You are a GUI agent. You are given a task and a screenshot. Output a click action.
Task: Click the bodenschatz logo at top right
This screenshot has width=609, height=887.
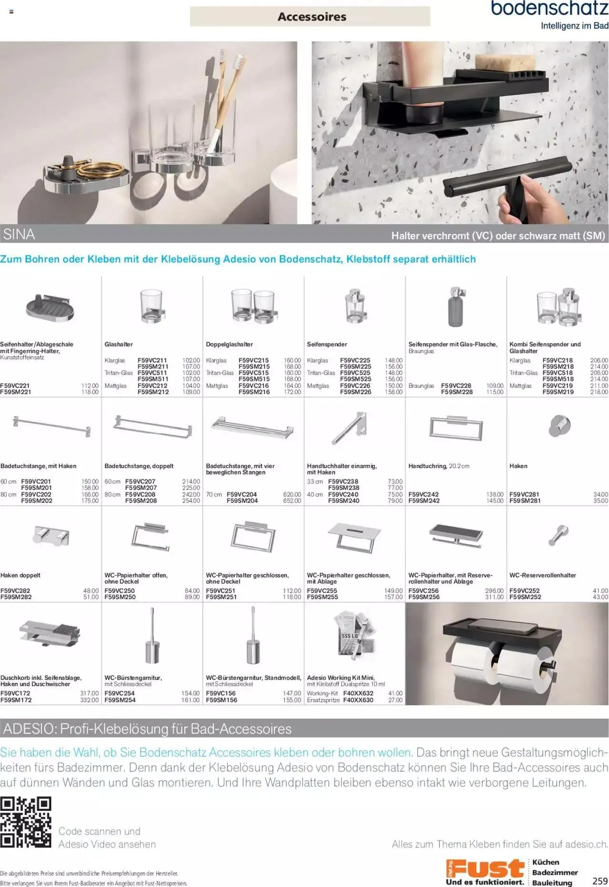[549, 9]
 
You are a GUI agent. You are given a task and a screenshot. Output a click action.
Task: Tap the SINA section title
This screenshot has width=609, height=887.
[19, 234]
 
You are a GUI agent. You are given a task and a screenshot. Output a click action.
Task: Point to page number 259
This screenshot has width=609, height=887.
[600, 881]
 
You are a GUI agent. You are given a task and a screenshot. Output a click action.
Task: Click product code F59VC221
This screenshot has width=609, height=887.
[16, 386]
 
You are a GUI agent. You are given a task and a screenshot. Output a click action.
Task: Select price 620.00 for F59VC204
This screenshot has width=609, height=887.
[292, 494]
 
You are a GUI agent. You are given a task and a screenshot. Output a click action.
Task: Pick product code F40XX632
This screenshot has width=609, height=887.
[358, 693]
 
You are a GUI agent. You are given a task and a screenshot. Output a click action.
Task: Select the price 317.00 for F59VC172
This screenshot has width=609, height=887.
[89, 693]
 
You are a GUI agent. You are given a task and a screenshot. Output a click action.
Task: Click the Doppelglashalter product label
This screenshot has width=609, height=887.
[229, 344]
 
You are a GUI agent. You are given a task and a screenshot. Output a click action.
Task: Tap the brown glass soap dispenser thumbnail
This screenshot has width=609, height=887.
[455, 307]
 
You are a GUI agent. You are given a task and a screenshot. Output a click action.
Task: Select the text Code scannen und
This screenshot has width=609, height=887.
[99, 831]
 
